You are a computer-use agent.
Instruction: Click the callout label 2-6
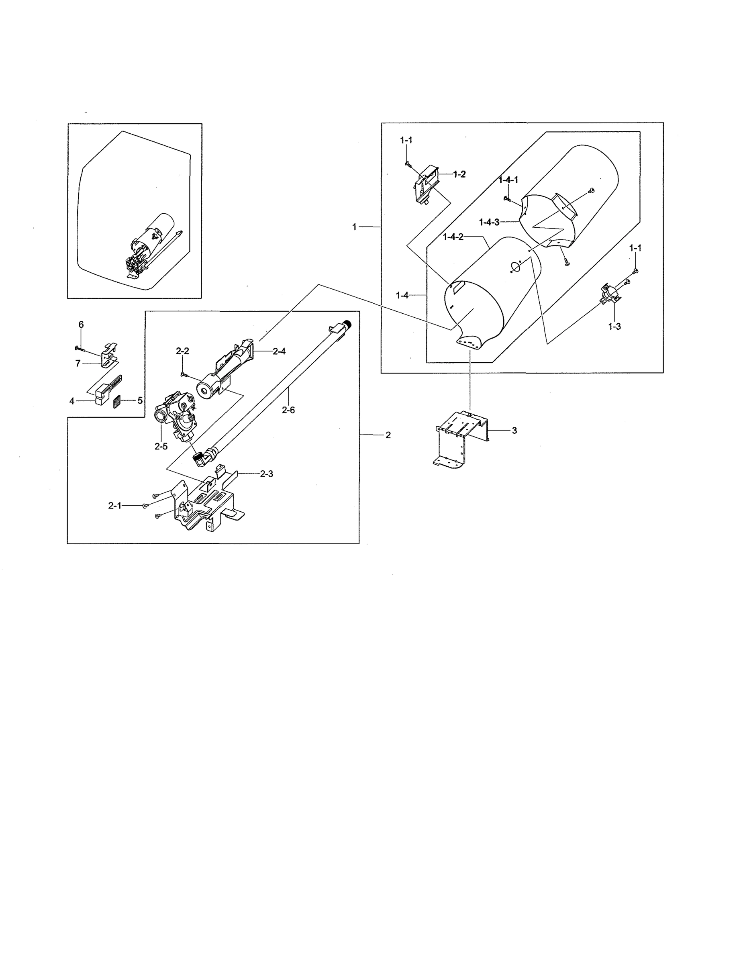click(x=288, y=410)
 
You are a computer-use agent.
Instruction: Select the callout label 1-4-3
click(x=489, y=222)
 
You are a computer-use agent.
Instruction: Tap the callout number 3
click(x=514, y=430)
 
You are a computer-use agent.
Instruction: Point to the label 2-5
click(x=161, y=446)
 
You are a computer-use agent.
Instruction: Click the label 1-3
click(x=614, y=326)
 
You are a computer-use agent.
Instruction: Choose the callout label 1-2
click(x=459, y=174)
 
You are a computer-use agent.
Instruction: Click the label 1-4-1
click(x=508, y=180)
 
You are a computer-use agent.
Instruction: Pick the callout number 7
click(x=78, y=363)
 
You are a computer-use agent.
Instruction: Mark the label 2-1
click(x=115, y=506)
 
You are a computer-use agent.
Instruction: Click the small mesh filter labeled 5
click(x=117, y=402)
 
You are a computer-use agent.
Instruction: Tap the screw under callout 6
click(x=80, y=349)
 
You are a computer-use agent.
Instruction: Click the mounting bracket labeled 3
click(x=461, y=437)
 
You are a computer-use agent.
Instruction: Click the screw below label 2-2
click(x=184, y=375)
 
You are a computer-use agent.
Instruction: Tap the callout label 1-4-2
click(x=453, y=237)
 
